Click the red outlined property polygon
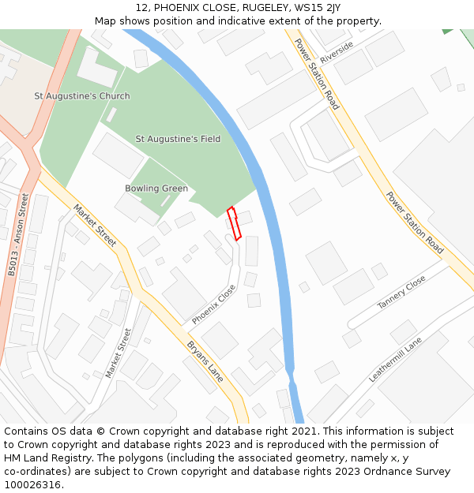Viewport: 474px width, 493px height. pyautogui.click(x=234, y=223)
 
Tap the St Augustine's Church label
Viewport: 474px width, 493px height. pyautogui.click(x=82, y=96)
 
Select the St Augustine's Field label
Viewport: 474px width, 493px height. pyautogui.click(x=178, y=139)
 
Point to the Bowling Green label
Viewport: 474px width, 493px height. pyautogui.click(x=156, y=189)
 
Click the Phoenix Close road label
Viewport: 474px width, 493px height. pyautogui.click(x=213, y=304)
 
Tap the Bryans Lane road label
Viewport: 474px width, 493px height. pyautogui.click(x=205, y=361)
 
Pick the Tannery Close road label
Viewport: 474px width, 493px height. pyautogui.click(x=401, y=292)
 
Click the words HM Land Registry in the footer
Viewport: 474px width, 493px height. pyautogui.click(x=45, y=458)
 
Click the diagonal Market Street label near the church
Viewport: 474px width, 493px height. pyautogui.click(x=95, y=225)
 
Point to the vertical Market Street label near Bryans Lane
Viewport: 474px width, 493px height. pyautogui.click(x=118, y=352)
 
